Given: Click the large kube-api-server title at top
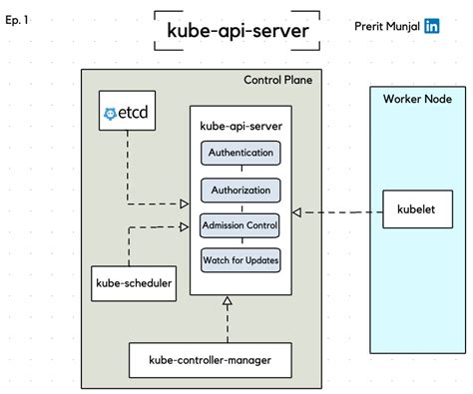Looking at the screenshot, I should click(x=237, y=31).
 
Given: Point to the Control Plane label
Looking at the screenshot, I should click(x=283, y=81).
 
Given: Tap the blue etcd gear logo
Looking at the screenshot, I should click(x=110, y=115).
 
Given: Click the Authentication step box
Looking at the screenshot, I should click(x=240, y=154).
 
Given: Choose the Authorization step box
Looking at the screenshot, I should click(x=240, y=190).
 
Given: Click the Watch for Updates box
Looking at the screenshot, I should click(x=240, y=260).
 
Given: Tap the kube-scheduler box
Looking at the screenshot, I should click(x=133, y=283).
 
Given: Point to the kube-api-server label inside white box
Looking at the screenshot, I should click(x=240, y=127).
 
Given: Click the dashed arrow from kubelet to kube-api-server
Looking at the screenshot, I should click(x=339, y=211).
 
